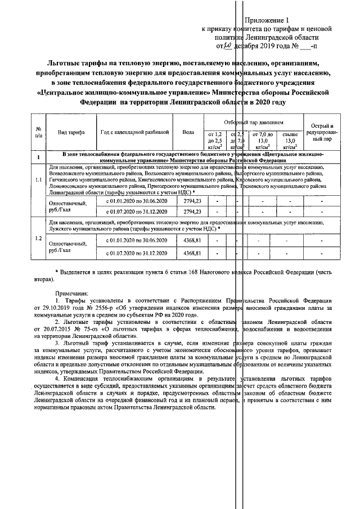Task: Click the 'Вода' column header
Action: [188, 132]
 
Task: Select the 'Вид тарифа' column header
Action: [71, 132]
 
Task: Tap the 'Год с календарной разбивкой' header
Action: [134, 132]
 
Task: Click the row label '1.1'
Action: [38, 180]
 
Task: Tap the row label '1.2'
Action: [38, 238]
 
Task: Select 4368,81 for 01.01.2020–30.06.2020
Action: [192, 241]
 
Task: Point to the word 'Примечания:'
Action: [71, 294]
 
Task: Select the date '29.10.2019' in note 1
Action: [66, 309]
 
